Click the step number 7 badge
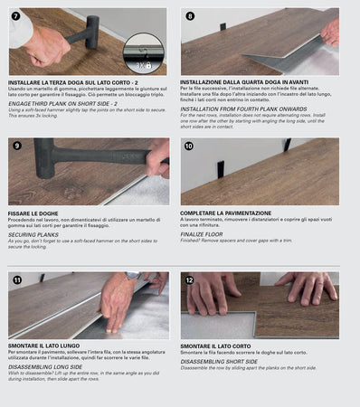pyautogui.click(x=16, y=16)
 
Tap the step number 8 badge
pyautogui.click(x=189, y=16)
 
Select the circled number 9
pyautogui.click(x=16, y=146)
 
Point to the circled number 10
pyautogui.click(x=189, y=146)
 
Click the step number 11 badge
pyautogui.click(x=16, y=280)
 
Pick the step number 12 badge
pyautogui.click(x=189, y=280)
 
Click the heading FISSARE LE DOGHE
pyautogui.click(x=35, y=213)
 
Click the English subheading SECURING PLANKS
pyautogui.click(x=35, y=234)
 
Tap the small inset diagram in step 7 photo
pyautogui.click(x=144, y=52)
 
